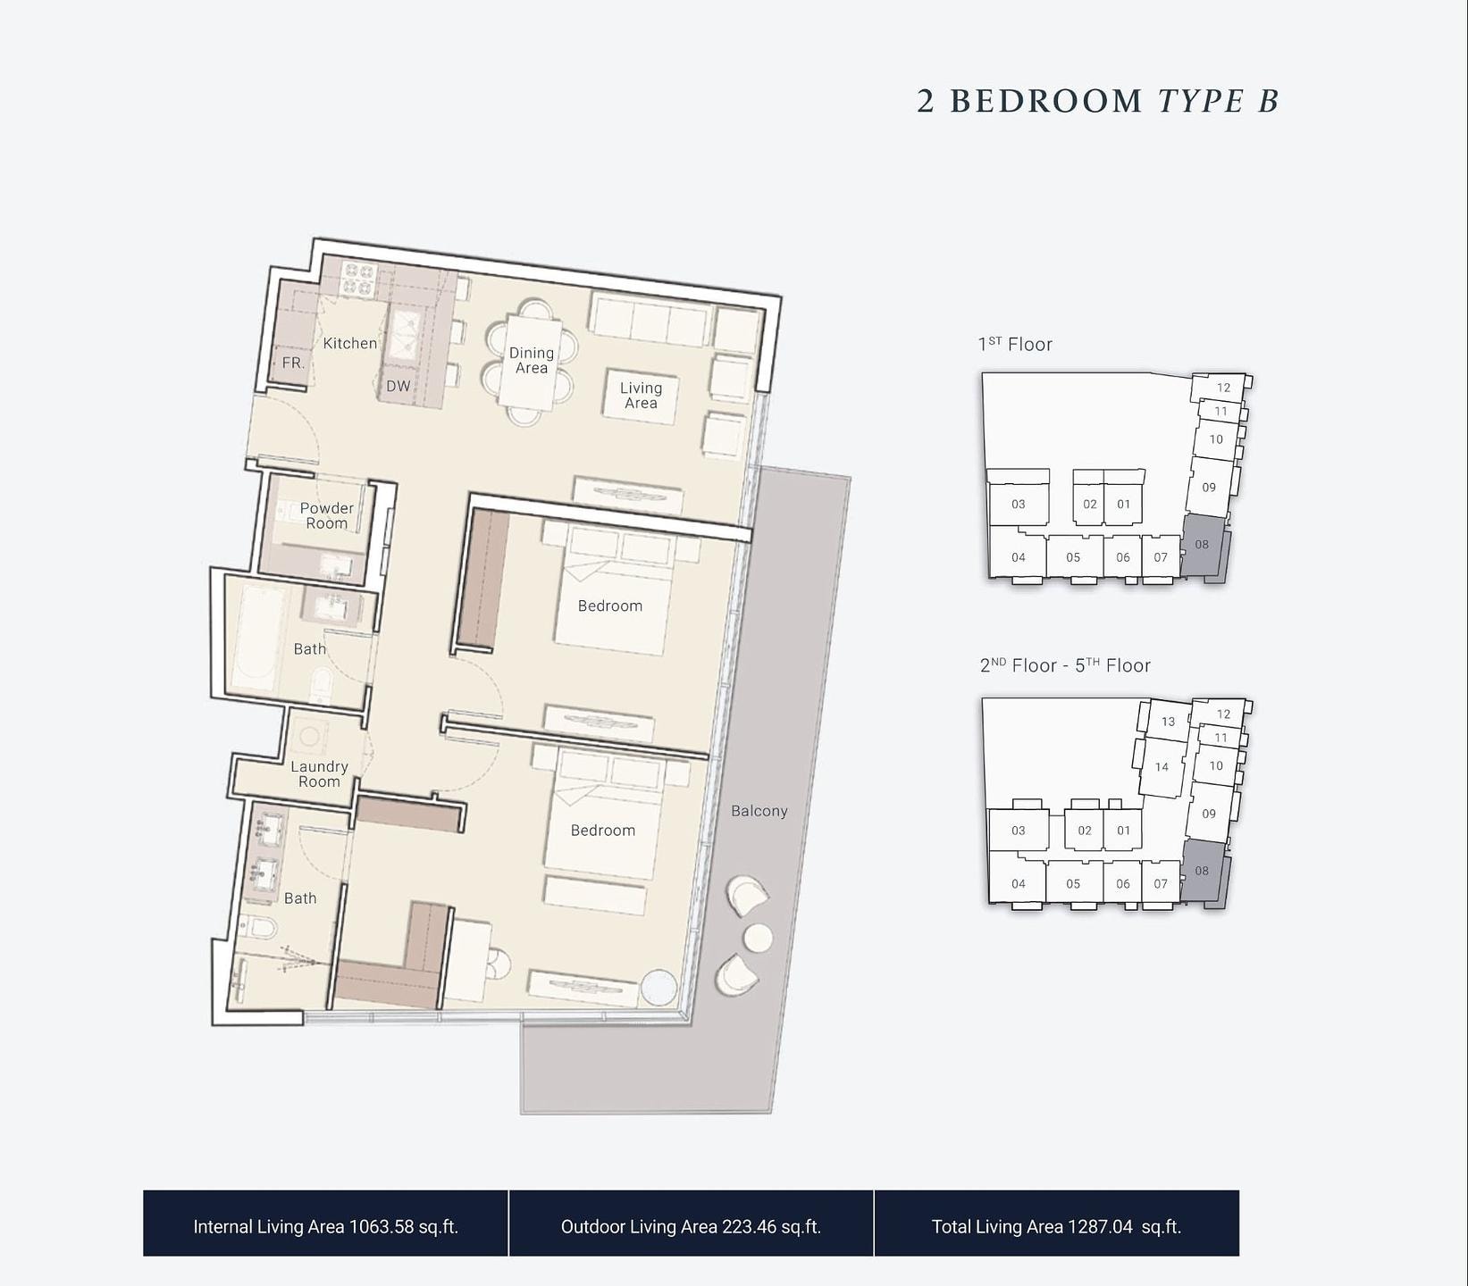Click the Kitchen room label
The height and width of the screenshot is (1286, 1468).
(x=349, y=343)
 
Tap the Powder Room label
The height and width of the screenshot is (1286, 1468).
(x=326, y=515)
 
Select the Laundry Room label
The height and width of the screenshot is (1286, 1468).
(x=319, y=773)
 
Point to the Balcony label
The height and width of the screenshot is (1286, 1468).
(x=759, y=811)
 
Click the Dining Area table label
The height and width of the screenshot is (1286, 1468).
(x=532, y=360)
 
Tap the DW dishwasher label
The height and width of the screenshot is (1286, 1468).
(x=398, y=387)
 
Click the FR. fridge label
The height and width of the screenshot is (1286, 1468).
(x=293, y=363)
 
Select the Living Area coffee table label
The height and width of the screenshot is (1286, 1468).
(x=642, y=395)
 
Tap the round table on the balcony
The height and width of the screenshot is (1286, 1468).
(x=759, y=938)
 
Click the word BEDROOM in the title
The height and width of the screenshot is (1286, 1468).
(x=1046, y=101)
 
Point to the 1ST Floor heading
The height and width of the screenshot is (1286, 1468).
(x=1015, y=344)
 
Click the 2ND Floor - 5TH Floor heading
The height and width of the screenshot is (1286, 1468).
(x=1065, y=665)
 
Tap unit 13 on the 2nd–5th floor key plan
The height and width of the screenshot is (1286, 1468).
(x=1168, y=721)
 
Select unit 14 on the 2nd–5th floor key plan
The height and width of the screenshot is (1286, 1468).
(x=1162, y=766)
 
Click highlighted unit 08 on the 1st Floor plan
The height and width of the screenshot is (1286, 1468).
(x=1203, y=545)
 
